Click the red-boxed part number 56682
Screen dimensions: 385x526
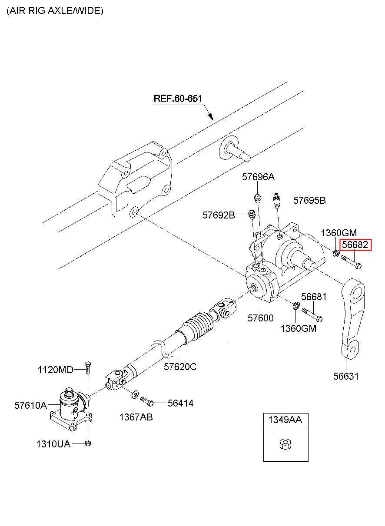[x=355, y=245]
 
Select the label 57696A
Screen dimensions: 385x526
[x=258, y=177]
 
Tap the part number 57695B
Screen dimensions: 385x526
[x=309, y=200]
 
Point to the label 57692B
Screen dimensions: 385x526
[x=219, y=215]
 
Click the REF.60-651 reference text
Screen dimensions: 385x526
[x=178, y=98]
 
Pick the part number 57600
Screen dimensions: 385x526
[x=260, y=318]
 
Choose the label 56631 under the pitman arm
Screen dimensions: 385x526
[x=346, y=377]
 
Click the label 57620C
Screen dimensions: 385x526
[x=180, y=367]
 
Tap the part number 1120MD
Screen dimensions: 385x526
[x=56, y=370]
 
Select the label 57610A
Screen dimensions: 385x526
[x=30, y=405]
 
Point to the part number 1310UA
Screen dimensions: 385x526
[x=53, y=444]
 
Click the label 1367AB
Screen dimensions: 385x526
[x=136, y=417]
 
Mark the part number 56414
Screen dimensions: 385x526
[x=180, y=404]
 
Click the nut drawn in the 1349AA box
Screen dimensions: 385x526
[x=285, y=444]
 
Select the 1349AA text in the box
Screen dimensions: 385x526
[x=285, y=420]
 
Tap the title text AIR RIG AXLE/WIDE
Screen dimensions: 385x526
[x=55, y=11]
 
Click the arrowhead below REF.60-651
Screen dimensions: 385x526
[x=210, y=116]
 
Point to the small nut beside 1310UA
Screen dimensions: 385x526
[x=88, y=443]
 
